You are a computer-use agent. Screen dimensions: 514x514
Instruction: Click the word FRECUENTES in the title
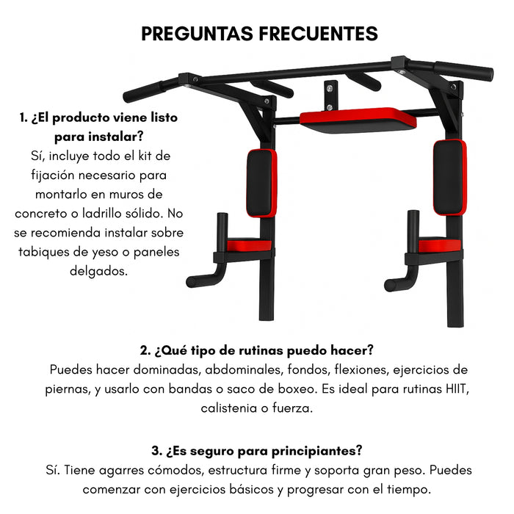click(318, 34)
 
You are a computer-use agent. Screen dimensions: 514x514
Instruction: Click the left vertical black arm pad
click(261, 183)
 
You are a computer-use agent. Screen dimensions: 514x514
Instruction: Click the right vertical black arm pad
click(449, 177)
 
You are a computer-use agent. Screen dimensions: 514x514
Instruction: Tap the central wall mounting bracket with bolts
click(332, 93)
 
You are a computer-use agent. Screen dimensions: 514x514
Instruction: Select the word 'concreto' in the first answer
click(43, 213)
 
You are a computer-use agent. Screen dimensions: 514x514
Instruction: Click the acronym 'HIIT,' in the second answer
click(453, 388)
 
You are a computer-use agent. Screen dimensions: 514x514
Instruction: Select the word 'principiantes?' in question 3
click(317, 450)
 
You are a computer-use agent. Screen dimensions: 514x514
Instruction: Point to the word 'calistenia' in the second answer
click(229, 408)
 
